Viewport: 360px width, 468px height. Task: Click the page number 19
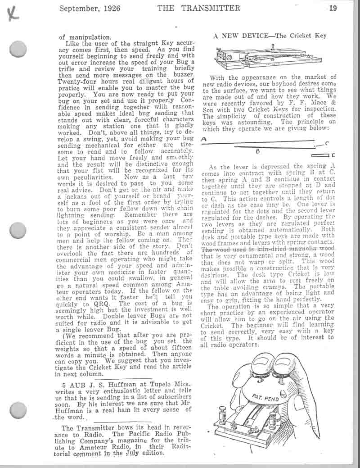click(x=333, y=8)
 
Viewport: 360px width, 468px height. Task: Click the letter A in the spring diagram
click(x=204, y=139)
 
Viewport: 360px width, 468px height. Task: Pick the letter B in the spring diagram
click(x=258, y=151)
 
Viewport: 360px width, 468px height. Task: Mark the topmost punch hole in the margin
click(x=18, y=48)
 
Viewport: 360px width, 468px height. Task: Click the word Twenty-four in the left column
click(x=80, y=81)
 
